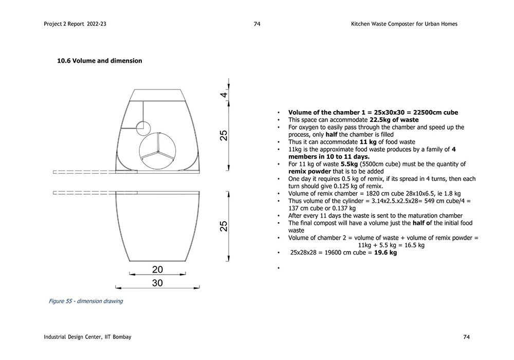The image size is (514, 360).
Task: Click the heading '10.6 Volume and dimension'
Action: (x=99, y=61)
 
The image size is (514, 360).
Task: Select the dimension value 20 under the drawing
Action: (x=157, y=269)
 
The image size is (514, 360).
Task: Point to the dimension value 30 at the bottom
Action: (x=157, y=283)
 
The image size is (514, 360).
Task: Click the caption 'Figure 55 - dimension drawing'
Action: (x=86, y=301)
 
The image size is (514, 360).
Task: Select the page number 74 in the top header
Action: (x=257, y=24)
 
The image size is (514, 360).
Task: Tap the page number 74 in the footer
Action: (x=466, y=337)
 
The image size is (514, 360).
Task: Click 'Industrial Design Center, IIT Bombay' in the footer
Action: (x=87, y=337)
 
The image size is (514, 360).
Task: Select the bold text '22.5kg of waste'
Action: (x=394, y=120)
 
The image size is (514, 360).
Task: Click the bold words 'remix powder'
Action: (x=309, y=171)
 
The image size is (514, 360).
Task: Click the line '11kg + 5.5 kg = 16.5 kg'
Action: (x=391, y=245)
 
